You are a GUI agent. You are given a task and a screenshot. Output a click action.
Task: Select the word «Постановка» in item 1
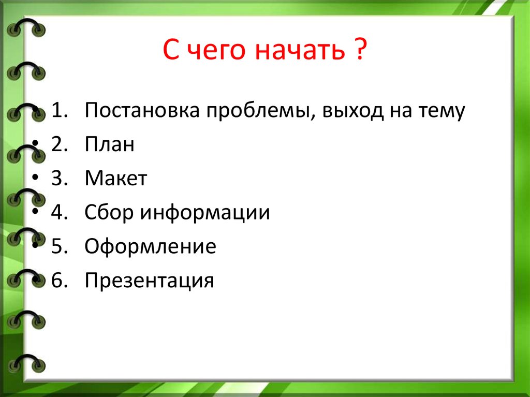141,111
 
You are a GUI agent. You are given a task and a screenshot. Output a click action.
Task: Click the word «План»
110,145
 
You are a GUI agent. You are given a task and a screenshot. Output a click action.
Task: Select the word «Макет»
116,179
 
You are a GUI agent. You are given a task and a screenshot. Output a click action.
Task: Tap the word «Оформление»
151,247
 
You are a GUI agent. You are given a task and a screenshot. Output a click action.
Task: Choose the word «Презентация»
150,281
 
